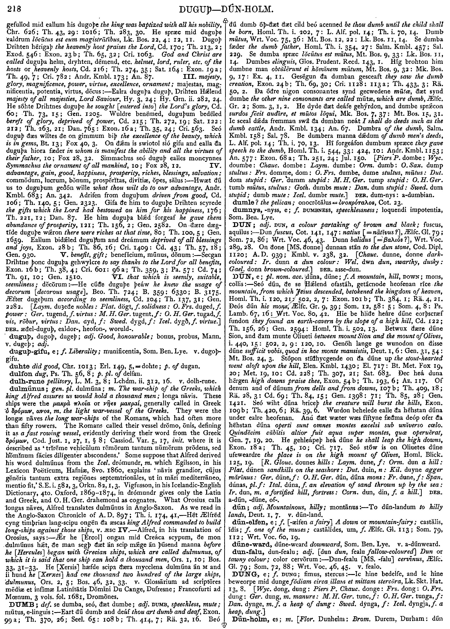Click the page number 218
point(14,10)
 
